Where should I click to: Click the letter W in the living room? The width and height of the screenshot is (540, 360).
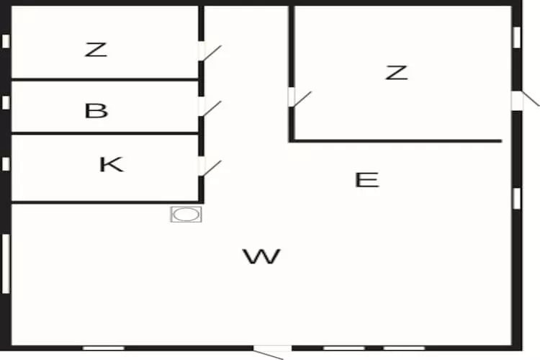click(x=261, y=256)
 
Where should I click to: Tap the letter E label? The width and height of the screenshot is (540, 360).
click(x=367, y=179)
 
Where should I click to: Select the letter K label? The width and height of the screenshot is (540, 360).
click(x=111, y=164)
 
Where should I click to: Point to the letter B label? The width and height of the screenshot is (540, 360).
click(x=96, y=111)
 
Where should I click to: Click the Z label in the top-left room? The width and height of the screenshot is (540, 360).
click(x=96, y=50)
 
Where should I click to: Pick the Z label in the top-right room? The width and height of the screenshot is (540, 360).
click(x=396, y=72)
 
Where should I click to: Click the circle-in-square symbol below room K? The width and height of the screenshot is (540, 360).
click(x=186, y=214)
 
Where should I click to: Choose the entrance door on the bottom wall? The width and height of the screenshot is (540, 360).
click(x=271, y=351)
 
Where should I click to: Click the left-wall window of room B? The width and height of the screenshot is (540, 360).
click(x=6, y=102)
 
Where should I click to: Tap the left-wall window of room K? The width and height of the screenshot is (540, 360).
click(x=6, y=164)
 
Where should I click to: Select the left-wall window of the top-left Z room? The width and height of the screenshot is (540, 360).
click(x=6, y=41)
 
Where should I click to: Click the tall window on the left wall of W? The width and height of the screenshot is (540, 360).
click(x=6, y=263)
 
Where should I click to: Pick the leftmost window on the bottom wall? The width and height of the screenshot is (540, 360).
click(x=104, y=348)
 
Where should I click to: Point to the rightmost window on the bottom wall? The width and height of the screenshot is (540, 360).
click(x=405, y=348)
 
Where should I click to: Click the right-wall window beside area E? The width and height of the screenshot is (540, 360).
click(x=516, y=197)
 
